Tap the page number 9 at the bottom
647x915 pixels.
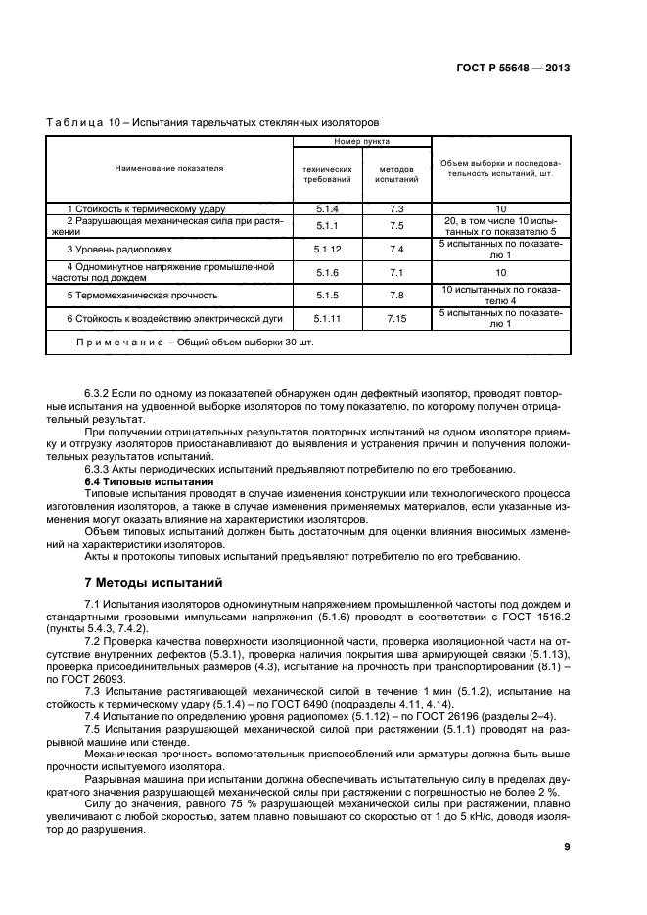tap(567, 848)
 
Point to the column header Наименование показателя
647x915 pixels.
tap(169, 168)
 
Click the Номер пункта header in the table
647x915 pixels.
tap(361, 142)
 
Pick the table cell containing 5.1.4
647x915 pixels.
tap(327, 209)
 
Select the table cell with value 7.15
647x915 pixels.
tap(396, 318)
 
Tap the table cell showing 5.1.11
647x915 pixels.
tap(327, 318)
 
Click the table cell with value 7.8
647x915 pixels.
tap(396, 295)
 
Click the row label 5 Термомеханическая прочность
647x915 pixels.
tap(142, 295)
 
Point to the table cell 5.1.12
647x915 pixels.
tap(327, 250)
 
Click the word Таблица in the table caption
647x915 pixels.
tap(70, 122)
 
